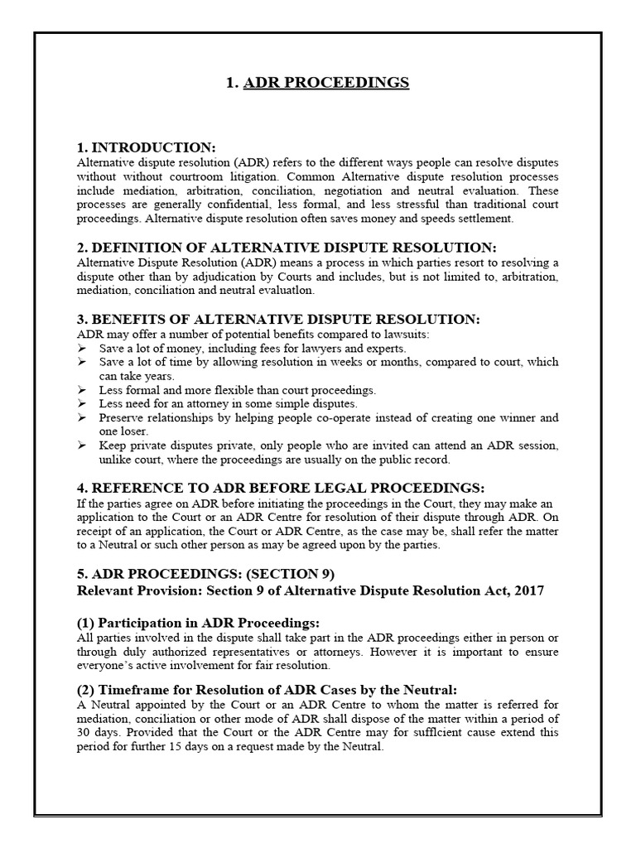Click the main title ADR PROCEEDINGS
coord(325,83)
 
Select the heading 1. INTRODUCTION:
coord(146,147)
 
